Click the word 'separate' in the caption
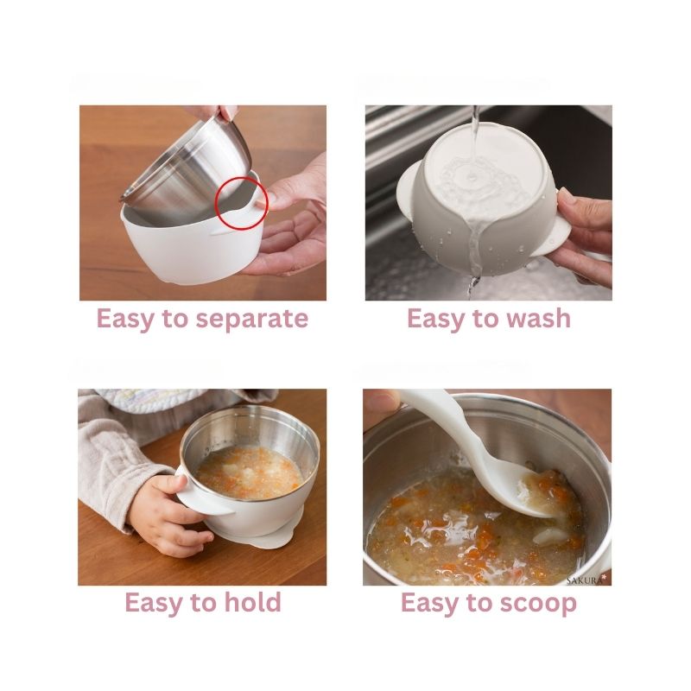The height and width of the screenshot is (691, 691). [251, 319]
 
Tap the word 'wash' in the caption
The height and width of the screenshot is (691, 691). [538, 318]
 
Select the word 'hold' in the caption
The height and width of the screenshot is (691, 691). [252, 601]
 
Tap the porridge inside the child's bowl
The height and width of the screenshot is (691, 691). [250, 472]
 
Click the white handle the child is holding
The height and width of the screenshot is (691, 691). [203, 498]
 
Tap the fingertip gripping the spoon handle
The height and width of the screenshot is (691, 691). [381, 400]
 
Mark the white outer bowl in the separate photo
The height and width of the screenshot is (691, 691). [189, 247]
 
